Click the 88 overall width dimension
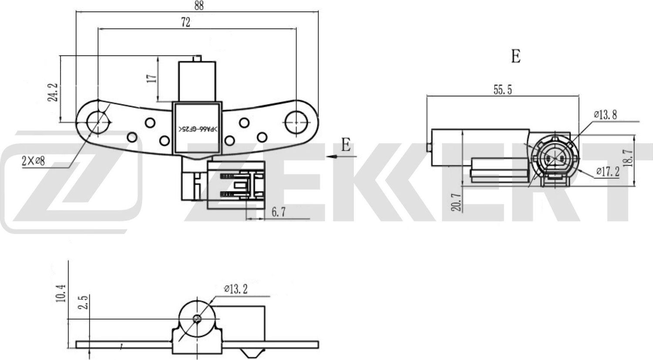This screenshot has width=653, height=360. pos(199,6)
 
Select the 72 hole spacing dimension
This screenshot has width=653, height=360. pos(185,23)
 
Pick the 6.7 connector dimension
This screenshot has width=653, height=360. pos(278,212)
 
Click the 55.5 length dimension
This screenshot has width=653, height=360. pos(503,90)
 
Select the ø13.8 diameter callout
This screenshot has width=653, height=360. pos(605,114)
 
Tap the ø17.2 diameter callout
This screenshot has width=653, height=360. pos(607,172)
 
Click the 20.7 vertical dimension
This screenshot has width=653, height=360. pos(456,202)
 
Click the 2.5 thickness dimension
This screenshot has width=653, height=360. pos(84,302)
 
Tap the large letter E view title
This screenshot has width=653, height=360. pos(515,56)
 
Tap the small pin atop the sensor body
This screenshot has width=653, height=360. pos(197,58)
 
